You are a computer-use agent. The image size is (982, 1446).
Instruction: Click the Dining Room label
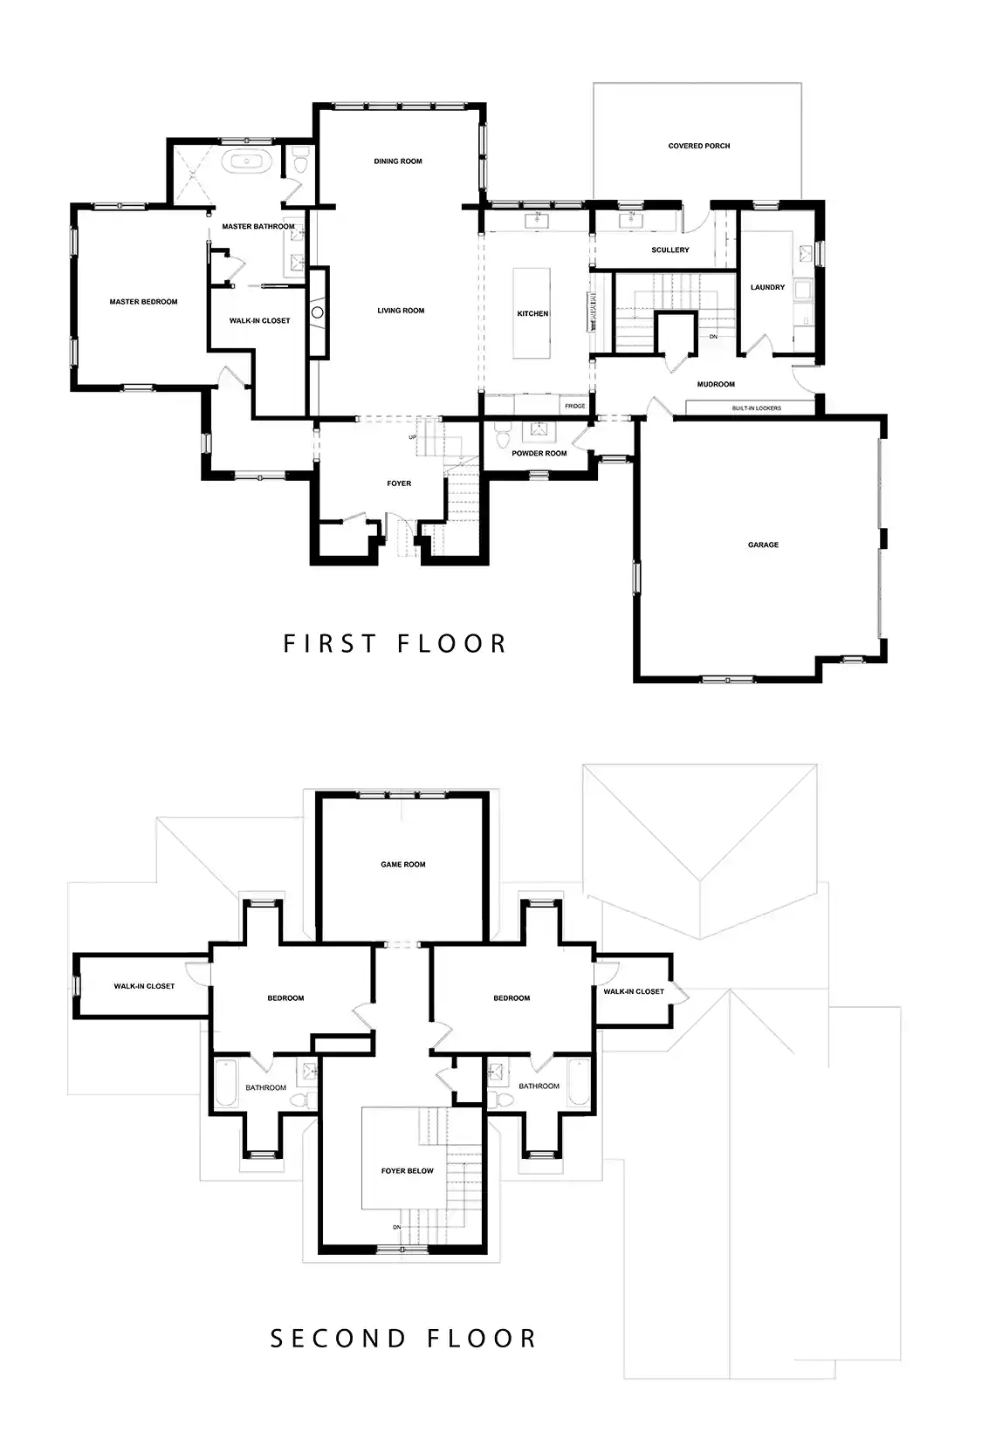point(398,161)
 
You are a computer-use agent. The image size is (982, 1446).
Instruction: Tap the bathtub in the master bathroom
point(249,161)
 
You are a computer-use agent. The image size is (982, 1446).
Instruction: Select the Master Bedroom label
point(143,301)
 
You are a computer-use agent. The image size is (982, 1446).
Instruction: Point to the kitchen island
point(532,313)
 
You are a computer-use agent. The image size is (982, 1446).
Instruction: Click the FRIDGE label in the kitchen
point(574,406)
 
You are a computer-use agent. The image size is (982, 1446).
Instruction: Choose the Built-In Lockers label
point(756,408)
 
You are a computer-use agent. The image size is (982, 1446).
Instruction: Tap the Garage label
point(763,545)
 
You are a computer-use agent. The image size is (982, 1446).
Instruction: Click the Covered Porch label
point(699,146)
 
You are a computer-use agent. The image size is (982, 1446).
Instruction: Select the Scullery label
point(670,250)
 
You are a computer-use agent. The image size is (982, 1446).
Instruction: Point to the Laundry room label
point(767,287)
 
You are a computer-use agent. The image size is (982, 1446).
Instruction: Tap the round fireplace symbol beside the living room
point(317,312)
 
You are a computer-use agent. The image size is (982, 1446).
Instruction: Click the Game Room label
point(403,865)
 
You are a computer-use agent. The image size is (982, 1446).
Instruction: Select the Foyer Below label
point(408,1170)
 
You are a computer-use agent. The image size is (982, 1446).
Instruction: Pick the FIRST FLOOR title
point(395,644)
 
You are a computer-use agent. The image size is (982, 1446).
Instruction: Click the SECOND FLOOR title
point(403,1338)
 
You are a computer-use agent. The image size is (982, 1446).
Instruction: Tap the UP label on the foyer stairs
point(413,438)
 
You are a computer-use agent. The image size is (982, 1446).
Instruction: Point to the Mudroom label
point(716,384)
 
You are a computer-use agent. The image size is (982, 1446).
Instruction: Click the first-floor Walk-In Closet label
point(259,321)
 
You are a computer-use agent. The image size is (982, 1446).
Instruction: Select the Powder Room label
point(539,453)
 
